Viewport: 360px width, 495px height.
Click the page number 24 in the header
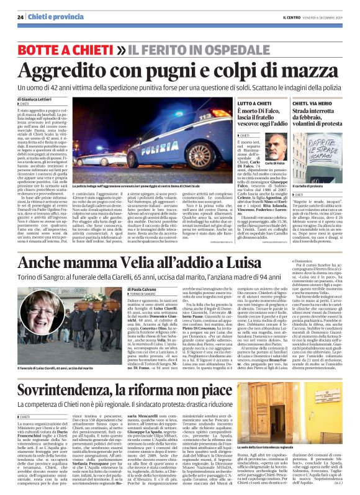coord(20,17)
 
